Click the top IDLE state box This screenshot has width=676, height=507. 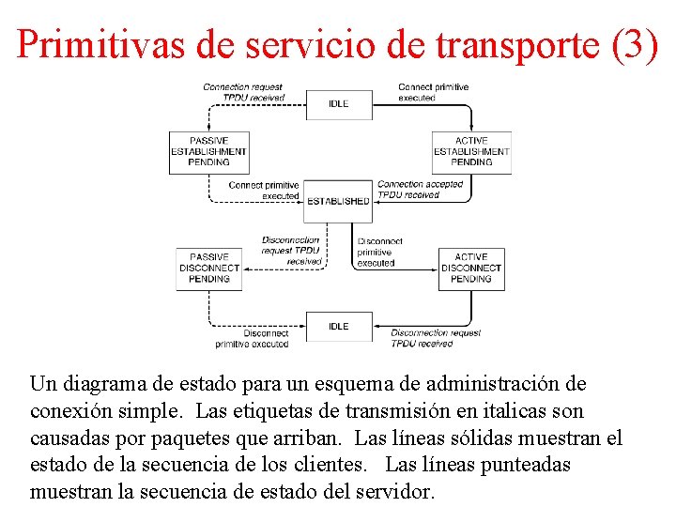(x=338, y=103)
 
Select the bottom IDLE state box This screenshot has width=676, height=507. (x=338, y=326)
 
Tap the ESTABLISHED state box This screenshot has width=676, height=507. (x=338, y=201)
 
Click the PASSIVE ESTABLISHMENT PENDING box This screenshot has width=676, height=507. (x=208, y=151)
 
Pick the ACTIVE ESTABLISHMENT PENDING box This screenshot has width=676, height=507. (x=471, y=151)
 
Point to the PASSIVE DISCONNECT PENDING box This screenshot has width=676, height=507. (x=209, y=268)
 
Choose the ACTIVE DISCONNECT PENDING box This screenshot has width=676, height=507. (x=471, y=268)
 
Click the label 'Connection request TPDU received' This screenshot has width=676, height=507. (x=243, y=92)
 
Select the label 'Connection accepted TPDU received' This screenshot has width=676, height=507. (x=420, y=190)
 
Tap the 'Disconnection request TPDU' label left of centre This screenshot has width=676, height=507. (x=291, y=251)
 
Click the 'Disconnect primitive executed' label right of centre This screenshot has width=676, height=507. (x=379, y=252)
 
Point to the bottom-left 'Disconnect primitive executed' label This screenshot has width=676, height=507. (x=252, y=339)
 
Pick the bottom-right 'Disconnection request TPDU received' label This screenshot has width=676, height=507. (x=435, y=338)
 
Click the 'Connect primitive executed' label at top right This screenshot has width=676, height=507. (x=433, y=92)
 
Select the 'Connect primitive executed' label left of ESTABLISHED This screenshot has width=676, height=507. (x=264, y=191)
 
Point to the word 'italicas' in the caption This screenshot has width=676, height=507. (x=529, y=411)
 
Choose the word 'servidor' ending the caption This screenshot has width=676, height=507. (x=394, y=492)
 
